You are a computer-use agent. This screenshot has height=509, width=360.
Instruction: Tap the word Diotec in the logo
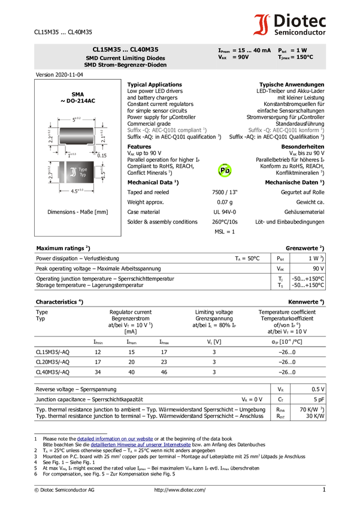click(300, 20)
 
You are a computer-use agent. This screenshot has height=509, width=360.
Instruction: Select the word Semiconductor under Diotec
click(300, 32)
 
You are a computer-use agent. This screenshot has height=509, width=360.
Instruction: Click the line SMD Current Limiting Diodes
click(125, 58)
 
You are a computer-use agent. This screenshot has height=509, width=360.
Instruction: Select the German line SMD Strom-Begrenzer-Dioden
click(125, 65)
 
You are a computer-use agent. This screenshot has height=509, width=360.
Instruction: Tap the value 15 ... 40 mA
click(255, 50)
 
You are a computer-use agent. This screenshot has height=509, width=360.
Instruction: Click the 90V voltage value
click(243, 57)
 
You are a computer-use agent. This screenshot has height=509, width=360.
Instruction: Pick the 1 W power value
click(301, 50)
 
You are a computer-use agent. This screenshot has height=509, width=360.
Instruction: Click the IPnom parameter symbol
click(223, 51)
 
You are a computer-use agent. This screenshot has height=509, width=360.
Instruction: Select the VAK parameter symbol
click(223, 57)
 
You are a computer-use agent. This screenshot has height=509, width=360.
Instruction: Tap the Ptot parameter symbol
click(283, 51)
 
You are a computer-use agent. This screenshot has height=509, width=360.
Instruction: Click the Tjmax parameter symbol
click(283, 57)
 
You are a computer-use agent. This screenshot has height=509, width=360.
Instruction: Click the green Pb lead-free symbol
click(225, 171)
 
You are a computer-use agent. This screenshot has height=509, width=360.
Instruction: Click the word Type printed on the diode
click(83, 170)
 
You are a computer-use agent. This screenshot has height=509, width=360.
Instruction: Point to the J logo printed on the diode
click(73, 172)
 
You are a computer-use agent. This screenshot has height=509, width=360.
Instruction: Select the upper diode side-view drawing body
click(76, 138)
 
